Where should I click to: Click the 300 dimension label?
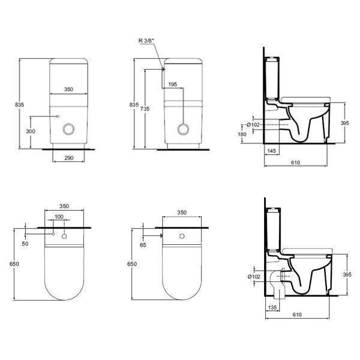point(31,131)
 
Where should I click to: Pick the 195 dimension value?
point(173,85)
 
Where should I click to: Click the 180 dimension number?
point(242,134)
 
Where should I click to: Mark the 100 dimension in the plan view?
point(59,217)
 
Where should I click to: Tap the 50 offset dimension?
point(25,244)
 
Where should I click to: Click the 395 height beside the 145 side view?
point(345,122)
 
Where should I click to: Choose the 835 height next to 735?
point(134,104)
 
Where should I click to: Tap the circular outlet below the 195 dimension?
point(184,128)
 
